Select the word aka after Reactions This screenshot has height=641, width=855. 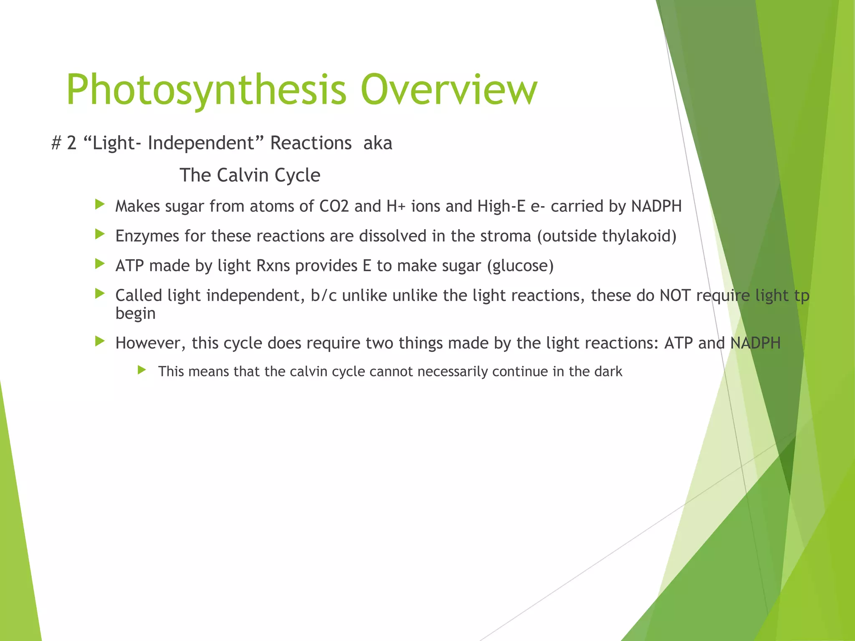pos(378,143)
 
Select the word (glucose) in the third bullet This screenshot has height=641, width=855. pos(520,266)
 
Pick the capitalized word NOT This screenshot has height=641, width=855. pos(675,295)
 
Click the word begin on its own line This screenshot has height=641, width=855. pos(135,313)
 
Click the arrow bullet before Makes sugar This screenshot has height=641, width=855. pos(99,204)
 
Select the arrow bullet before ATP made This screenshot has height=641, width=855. pos(99,264)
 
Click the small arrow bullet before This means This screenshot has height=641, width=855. pos(142,370)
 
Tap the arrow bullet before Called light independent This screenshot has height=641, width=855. pos(99,294)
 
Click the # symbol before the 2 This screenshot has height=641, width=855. pos(56,143)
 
